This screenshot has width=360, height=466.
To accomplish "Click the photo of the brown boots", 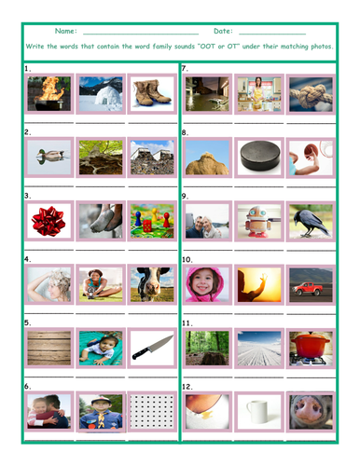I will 150,94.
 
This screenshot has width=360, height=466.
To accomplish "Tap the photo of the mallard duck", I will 47,157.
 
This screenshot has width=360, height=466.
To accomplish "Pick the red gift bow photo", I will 47,221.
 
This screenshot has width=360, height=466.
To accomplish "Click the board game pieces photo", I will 150,221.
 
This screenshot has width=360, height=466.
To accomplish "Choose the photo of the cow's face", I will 150,283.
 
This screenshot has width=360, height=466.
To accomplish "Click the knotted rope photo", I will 310,94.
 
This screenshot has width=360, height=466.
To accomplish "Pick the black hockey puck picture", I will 258,157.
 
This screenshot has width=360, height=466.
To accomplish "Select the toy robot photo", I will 258,221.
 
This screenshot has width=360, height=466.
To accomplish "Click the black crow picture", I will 310,221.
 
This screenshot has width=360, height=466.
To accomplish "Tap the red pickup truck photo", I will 310,283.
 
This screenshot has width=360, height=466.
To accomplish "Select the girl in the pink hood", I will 206,283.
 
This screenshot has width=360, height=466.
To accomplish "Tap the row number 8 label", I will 186,133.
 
